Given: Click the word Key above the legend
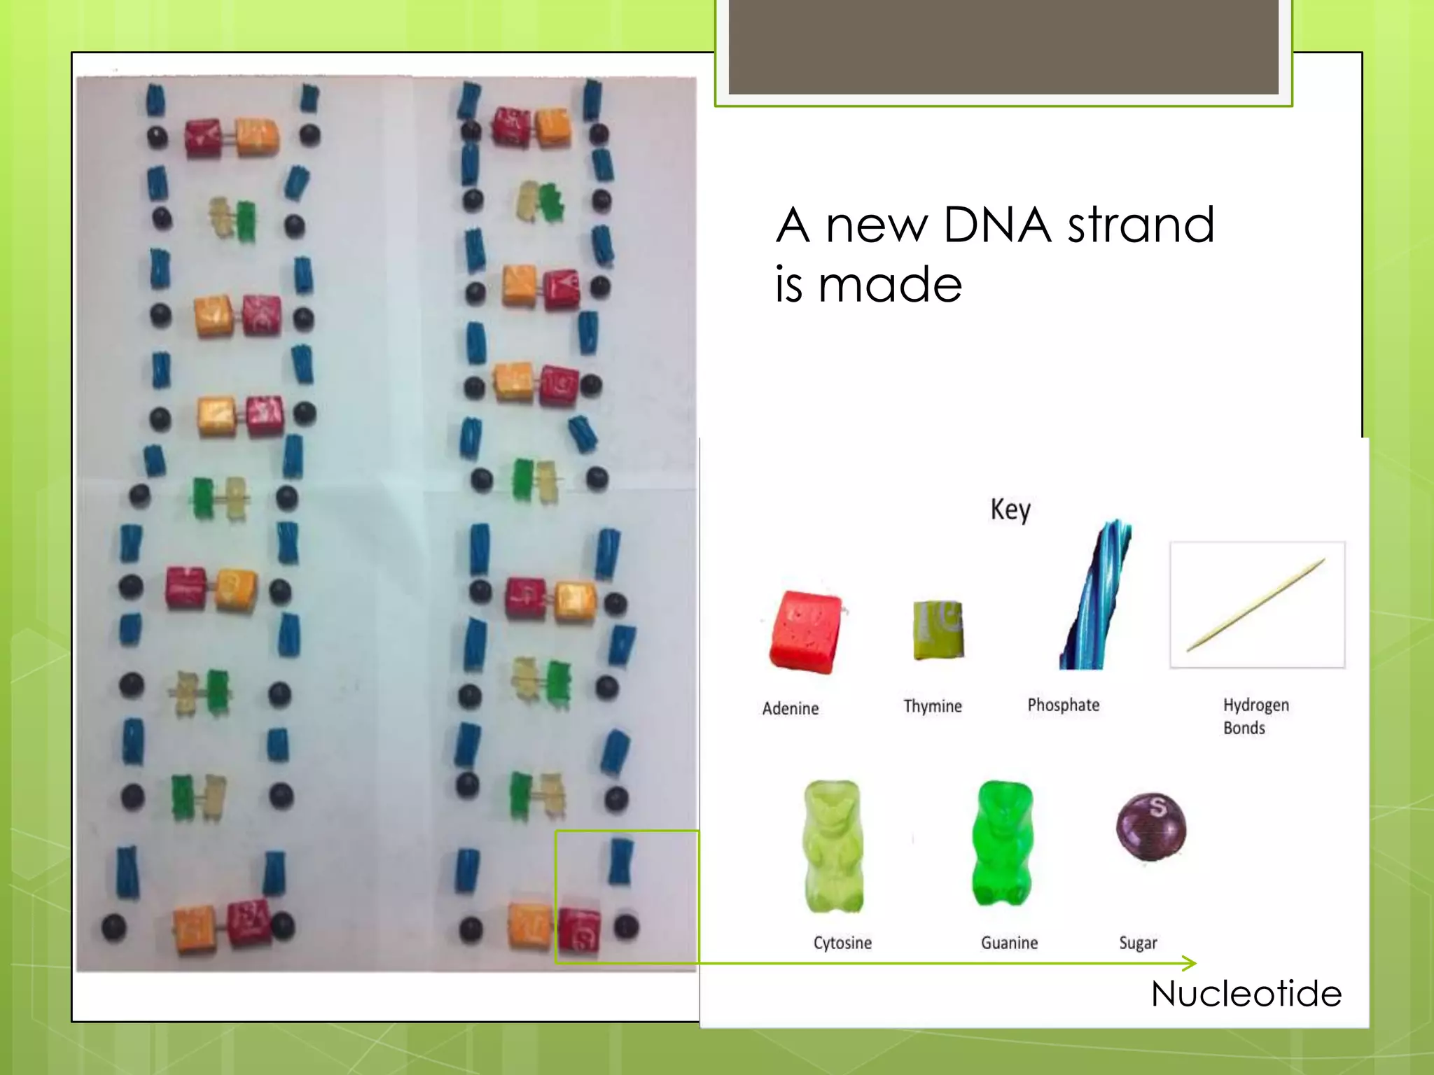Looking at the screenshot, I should pyautogui.click(x=1010, y=510).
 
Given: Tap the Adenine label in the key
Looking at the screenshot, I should pyautogui.click(x=790, y=708).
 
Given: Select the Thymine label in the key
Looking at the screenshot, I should pyautogui.click(x=932, y=706).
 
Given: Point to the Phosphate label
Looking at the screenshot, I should pyautogui.click(x=1063, y=705).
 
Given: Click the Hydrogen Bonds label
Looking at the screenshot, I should pyautogui.click(x=1255, y=716).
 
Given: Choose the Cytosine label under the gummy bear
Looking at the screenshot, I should pyautogui.click(x=842, y=943).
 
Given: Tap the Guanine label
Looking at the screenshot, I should pyautogui.click(x=1009, y=943).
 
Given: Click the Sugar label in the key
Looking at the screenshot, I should pyautogui.click(x=1138, y=943).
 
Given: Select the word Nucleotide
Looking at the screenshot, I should pyautogui.click(x=1246, y=993).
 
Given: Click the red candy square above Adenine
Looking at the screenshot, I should pyautogui.click(x=806, y=632).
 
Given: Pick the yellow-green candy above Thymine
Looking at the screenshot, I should pyautogui.click(x=938, y=629).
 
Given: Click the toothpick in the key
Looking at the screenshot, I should pyautogui.click(x=1256, y=605).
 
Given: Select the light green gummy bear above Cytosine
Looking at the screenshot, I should pyautogui.click(x=833, y=846).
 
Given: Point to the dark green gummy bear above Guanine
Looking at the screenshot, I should pyautogui.click(x=1003, y=843).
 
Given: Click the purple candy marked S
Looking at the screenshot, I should pyautogui.click(x=1151, y=827).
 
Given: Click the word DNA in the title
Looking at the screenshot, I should pyautogui.click(x=996, y=225).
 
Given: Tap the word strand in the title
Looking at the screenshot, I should pyautogui.click(x=1141, y=225).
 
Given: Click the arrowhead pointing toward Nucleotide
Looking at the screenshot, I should pyautogui.click(x=1190, y=963).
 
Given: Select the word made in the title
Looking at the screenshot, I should pyautogui.click(x=890, y=285).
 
